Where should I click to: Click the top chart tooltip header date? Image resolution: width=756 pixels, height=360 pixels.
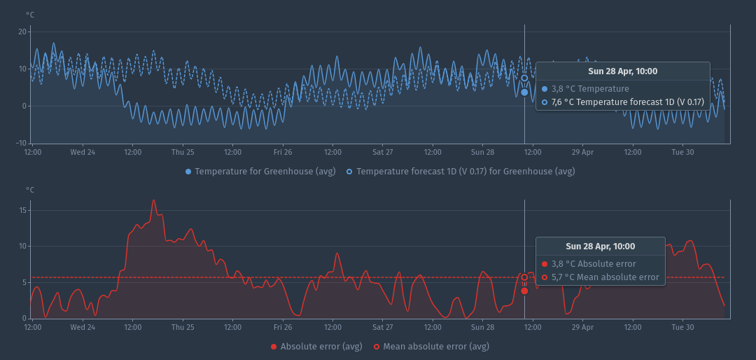click(x=622, y=71)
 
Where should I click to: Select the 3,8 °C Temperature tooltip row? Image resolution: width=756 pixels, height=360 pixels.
click(x=590, y=89)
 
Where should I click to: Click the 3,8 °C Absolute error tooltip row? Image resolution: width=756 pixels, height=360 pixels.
click(x=594, y=264)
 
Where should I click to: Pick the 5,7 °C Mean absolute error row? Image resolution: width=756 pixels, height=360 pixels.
click(x=605, y=277)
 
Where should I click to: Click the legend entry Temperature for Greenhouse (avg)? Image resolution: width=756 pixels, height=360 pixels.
click(x=265, y=172)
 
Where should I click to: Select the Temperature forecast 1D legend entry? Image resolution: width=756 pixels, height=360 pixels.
click(x=465, y=172)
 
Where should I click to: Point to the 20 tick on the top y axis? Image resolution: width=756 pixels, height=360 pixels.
click(x=22, y=32)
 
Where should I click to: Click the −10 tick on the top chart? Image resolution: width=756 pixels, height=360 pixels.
click(x=21, y=143)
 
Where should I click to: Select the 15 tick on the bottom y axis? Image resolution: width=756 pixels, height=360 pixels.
click(x=22, y=210)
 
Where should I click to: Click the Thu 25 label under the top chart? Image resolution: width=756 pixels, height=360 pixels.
click(x=183, y=152)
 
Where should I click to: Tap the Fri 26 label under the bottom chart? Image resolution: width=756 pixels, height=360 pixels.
click(x=283, y=327)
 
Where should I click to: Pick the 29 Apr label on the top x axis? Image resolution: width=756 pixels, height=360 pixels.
click(x=582, y=152)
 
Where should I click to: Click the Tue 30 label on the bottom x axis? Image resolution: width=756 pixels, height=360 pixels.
click(x=682, y=327)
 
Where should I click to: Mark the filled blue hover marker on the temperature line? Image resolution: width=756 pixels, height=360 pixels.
click(x=524, y=92)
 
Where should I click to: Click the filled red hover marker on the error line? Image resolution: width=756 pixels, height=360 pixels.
click(x=524, y=291)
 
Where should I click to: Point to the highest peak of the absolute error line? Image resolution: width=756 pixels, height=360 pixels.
click(x=154, y=200)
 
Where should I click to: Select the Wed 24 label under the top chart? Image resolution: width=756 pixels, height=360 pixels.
click(x=83, y=152)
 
